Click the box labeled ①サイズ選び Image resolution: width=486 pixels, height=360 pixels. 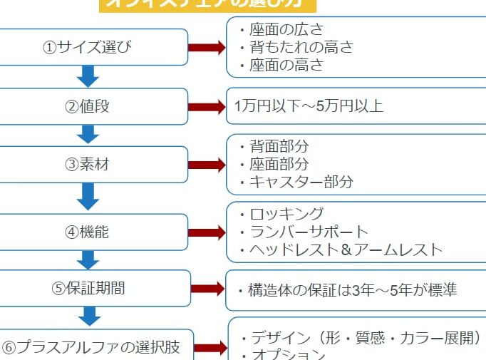[93, 48]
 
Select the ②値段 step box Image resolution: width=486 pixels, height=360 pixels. [93, 107]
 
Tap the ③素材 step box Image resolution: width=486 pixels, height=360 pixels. [93, 165]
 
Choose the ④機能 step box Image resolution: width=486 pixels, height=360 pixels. [93, 232]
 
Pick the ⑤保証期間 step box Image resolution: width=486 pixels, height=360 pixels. [93, 288]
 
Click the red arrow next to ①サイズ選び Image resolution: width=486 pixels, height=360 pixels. [207, 48]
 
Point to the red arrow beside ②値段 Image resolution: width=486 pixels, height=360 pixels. [207, 107]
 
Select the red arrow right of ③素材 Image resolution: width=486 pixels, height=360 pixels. [207, 165]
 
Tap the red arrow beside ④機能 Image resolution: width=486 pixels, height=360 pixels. [207, 232]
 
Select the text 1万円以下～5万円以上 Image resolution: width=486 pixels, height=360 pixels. [309, 107]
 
